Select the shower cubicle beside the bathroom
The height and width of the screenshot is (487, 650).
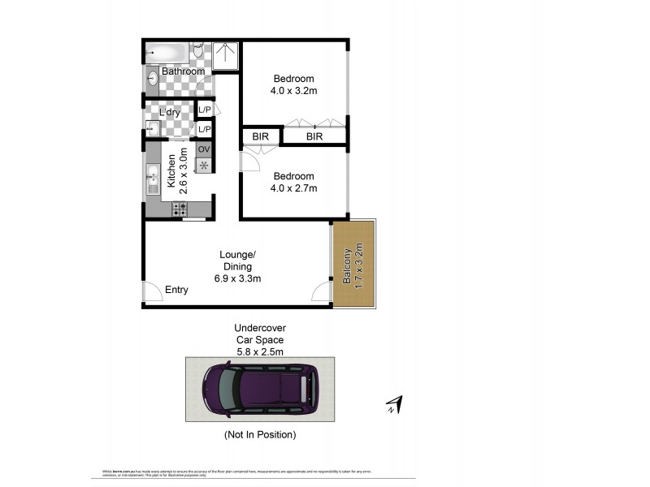(x=225, y=56)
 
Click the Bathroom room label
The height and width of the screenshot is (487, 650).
(x=183, y=71)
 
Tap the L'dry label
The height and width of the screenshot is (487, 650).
(x=169, y=112)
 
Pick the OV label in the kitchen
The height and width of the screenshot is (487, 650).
(x=204, y=149)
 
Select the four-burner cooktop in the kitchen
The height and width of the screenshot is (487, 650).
(x=180, y=209)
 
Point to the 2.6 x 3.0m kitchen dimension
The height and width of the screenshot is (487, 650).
(x=184, y=168)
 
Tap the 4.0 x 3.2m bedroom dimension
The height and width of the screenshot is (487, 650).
(x=294, y=91)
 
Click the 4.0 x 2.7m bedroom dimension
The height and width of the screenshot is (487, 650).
(x=294, y=188)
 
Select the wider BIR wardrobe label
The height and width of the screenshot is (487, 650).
(x=314, y=137)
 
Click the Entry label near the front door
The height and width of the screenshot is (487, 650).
(x=176, y=290)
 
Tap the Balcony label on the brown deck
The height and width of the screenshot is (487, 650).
(x=347, y=265)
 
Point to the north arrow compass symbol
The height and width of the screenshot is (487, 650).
(x=396, y=403)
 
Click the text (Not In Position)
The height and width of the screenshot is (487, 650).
(x=260, y=435)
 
